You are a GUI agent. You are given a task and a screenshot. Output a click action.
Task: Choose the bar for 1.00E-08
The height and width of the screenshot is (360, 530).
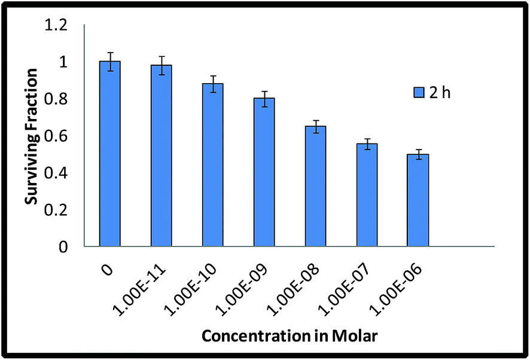click(x=316, y=186)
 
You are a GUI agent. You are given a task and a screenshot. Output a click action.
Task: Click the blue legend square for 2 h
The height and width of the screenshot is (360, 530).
click(x=419, y=92)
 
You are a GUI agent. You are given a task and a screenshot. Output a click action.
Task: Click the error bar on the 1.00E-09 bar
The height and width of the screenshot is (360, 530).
click(x=264, y=99)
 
